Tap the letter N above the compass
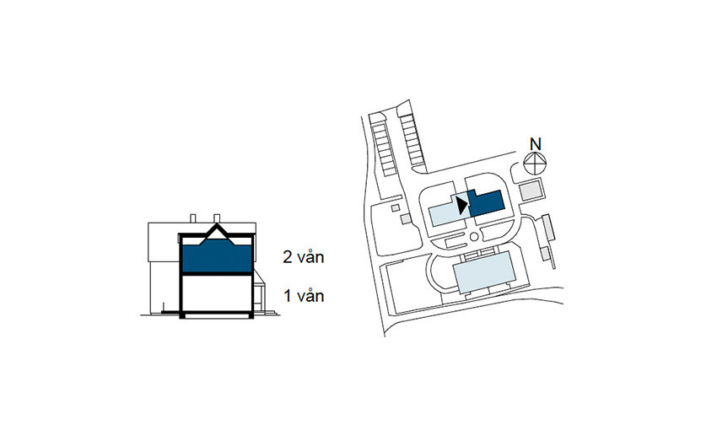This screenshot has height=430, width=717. click(534, 142)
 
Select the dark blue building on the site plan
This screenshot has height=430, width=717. click(486, 202)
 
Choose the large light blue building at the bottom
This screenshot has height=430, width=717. click(485, 274)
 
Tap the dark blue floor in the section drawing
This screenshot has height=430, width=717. click(216, 257)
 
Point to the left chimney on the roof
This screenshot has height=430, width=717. click(196, 218)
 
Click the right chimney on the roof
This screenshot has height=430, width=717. click(218, 218)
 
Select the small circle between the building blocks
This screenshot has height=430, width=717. click(473, 247)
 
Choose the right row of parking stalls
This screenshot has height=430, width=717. click(412, 139)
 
